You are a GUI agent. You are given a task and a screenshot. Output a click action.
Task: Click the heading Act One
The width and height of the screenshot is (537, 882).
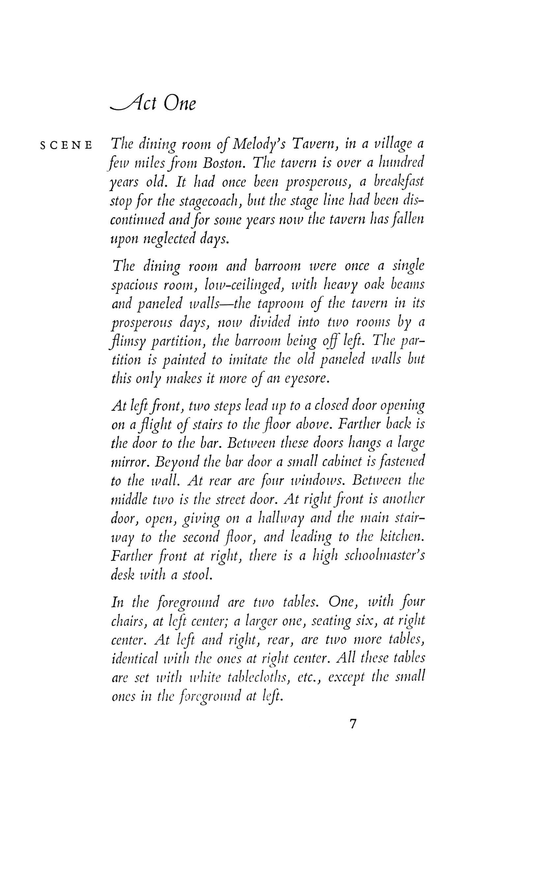[x=154, y=104]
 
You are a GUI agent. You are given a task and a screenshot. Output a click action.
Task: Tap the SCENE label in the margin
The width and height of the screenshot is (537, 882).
[x=67, y=146]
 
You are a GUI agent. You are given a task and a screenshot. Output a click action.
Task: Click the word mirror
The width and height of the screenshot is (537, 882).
[x=131, y=462]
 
